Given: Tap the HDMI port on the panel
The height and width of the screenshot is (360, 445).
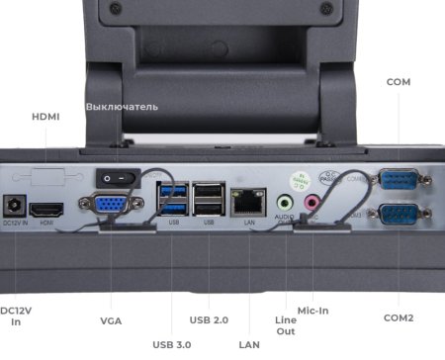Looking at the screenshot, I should coord(47,210).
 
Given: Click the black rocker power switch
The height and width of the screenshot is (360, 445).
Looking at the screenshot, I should coord(112,177).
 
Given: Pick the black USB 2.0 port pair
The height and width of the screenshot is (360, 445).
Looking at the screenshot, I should coord(209,199).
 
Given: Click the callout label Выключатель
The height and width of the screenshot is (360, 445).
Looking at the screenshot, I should coord(121,106).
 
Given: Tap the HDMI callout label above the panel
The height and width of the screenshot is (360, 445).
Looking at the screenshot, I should coord(45,117).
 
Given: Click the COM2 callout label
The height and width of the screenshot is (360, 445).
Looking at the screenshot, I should coord(398,317).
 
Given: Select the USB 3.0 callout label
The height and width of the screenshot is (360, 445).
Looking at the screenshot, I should coord(172,344).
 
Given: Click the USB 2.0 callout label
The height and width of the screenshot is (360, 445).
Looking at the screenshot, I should coord(209,319).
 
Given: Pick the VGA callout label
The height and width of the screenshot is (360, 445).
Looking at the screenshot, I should coord(111,320).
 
